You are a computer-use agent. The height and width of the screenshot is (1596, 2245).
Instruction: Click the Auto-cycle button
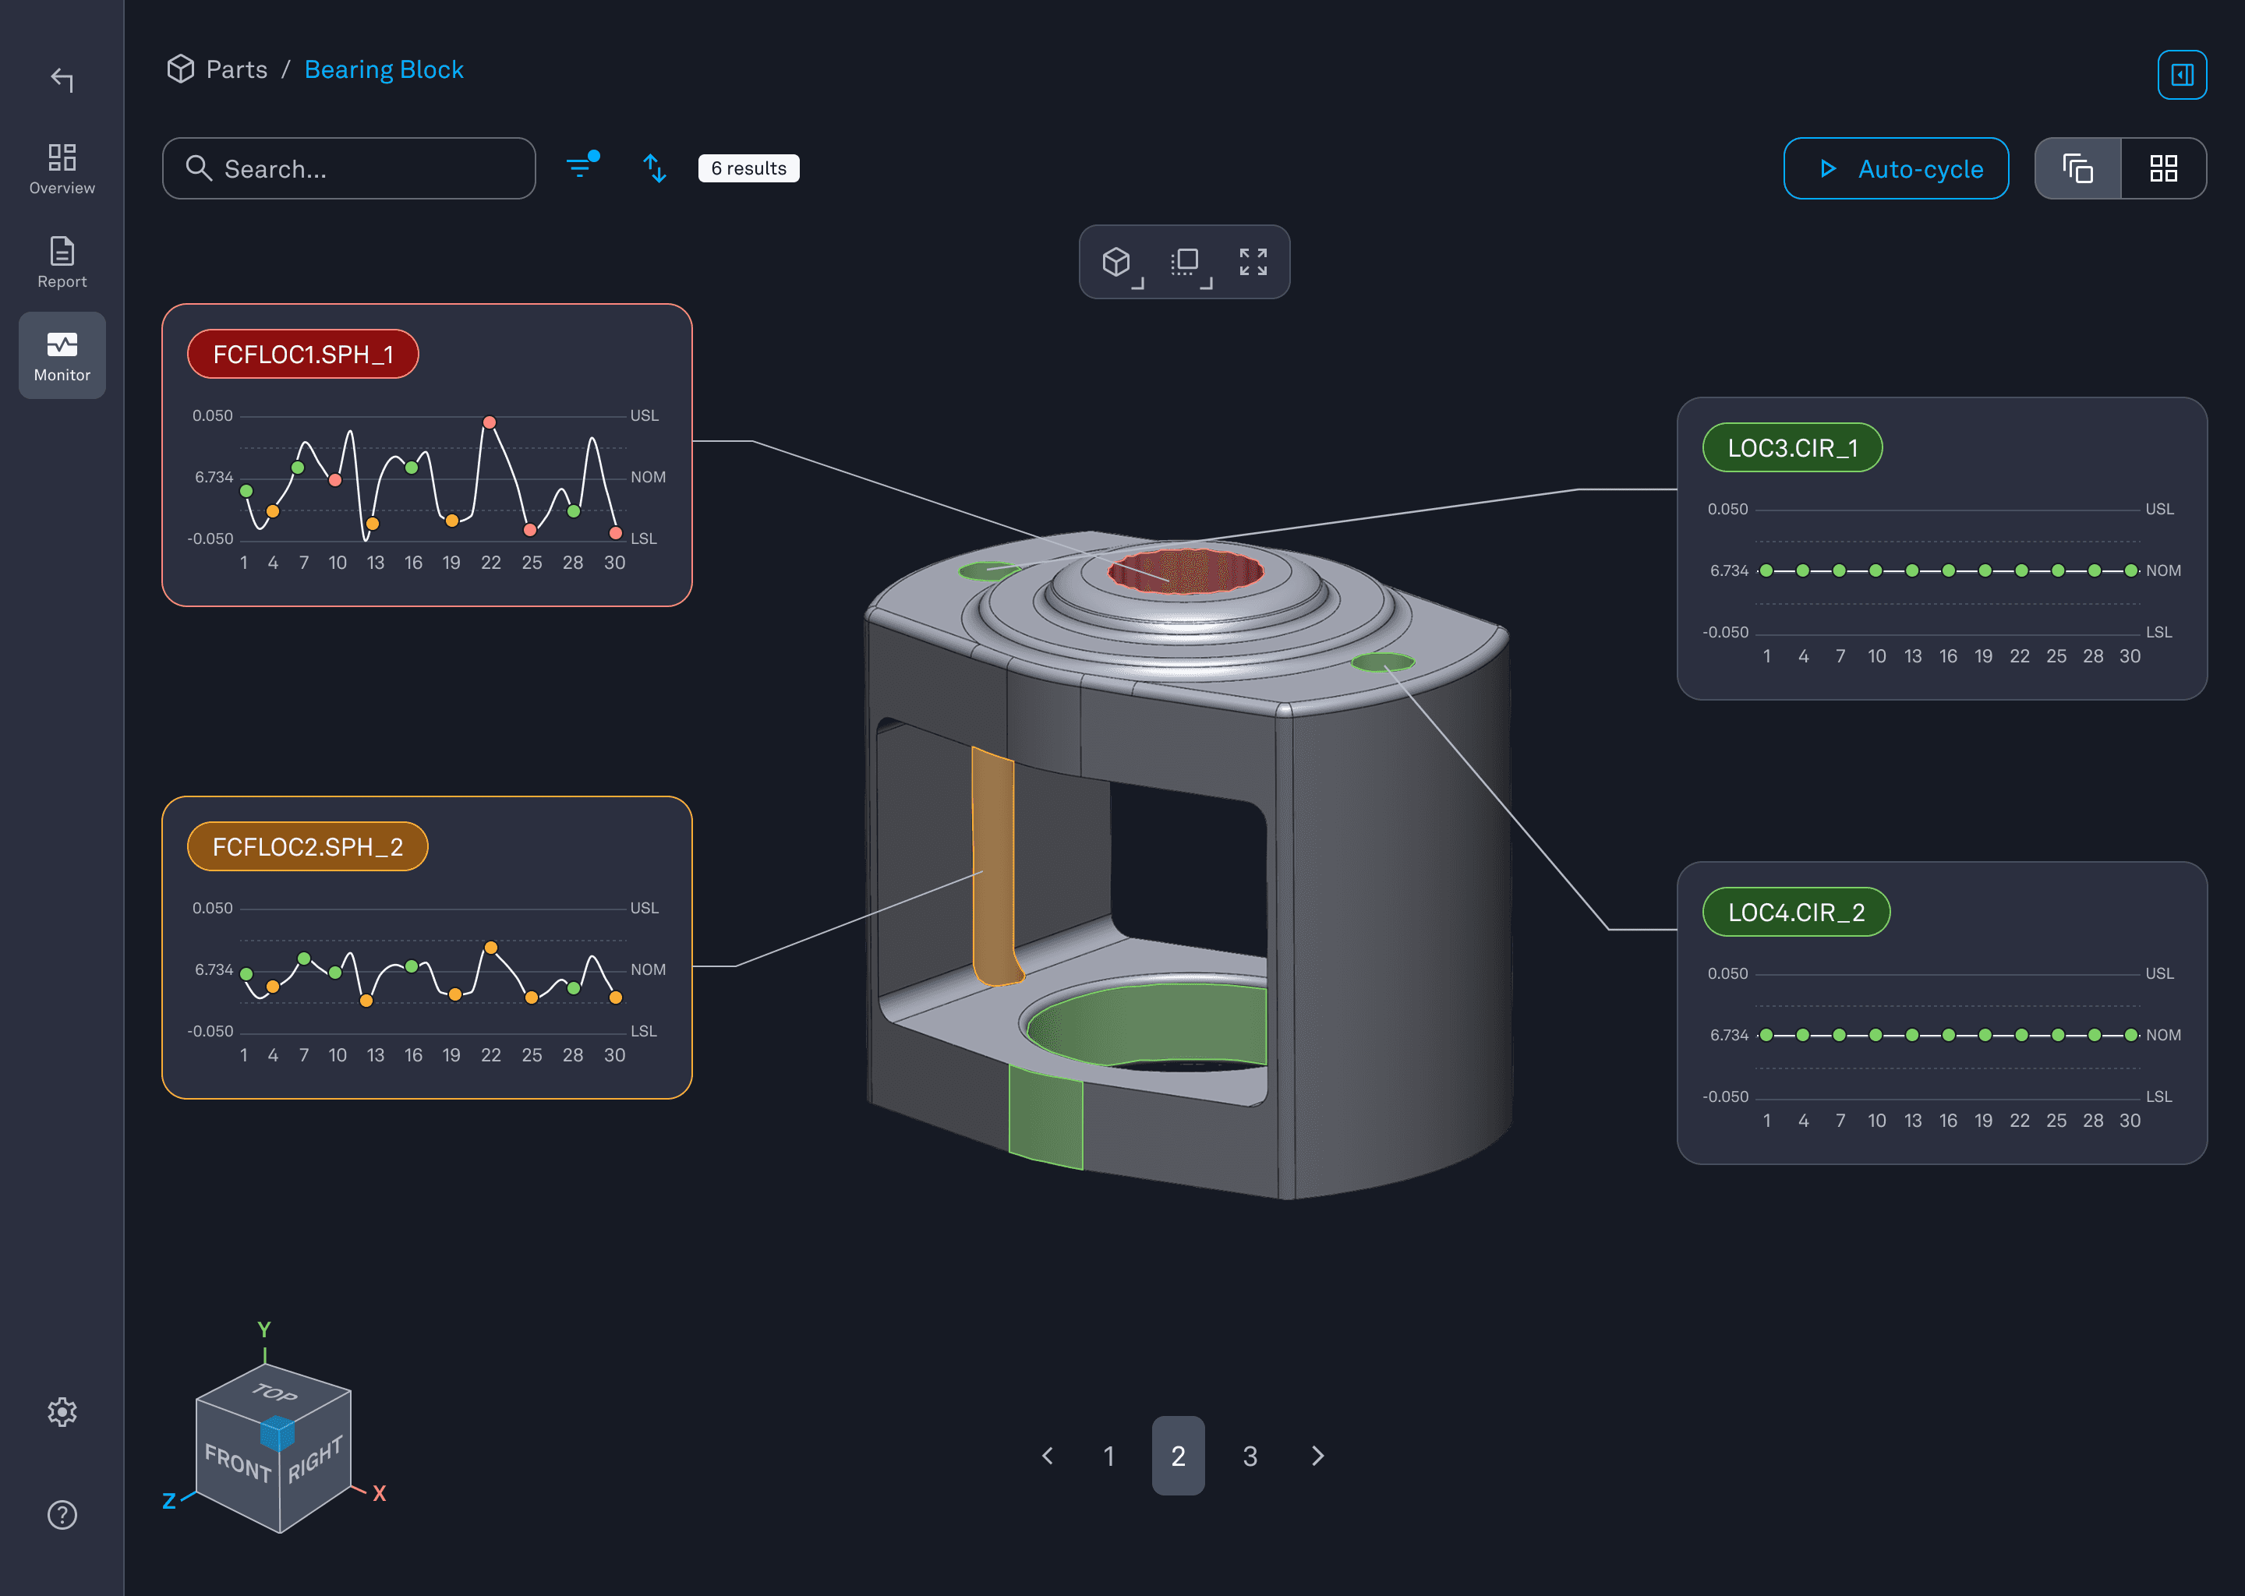click(1895, 169)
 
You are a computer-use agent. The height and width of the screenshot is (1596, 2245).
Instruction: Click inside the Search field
click(364, 169)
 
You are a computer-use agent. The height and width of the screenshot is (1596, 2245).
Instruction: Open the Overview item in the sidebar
click(62, 168)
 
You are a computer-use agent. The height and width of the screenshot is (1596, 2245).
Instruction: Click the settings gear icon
click(62, 1411)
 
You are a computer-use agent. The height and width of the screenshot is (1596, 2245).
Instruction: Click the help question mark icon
click(62, 1514)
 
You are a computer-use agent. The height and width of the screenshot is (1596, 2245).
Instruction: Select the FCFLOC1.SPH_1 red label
click(302, 354)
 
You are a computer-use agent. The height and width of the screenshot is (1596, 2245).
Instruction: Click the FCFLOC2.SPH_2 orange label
click(306, 846)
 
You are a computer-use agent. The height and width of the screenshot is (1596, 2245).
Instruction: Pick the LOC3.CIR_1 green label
click(1792, 448)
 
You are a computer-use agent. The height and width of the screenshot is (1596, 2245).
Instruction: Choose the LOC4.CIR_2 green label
click(1796, 912)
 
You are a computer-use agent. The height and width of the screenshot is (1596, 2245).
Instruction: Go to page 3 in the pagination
click(1250, 1456)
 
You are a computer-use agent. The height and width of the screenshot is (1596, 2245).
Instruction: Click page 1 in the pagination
click(1108, 1456)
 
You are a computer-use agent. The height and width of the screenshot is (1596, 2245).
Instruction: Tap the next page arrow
click(1318, 1456)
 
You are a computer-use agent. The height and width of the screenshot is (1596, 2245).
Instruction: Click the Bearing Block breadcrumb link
click(384, 70)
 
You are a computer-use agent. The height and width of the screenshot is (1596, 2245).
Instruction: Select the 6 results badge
click(748, 168)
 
